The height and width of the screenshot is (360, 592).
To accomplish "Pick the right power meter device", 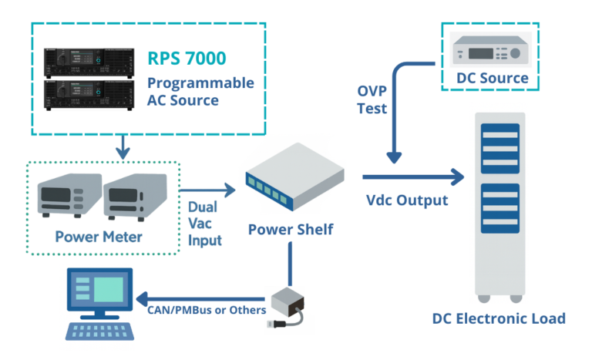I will [x=134, y=200].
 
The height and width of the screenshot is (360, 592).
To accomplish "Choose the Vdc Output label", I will [x=406, y=201].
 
